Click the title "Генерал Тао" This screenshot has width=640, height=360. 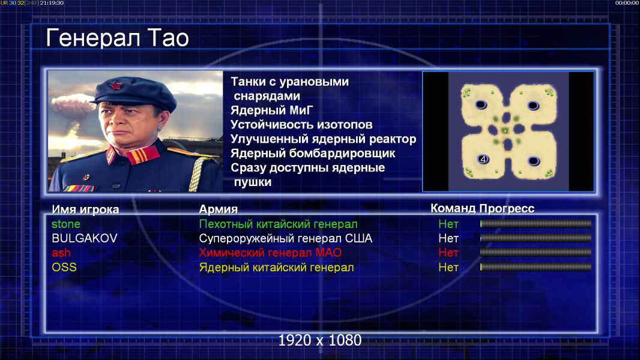point(117,38)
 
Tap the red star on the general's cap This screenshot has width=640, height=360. point(116,86)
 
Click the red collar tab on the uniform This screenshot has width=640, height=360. point(142,156)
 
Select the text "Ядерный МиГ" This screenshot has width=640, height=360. point(272,110)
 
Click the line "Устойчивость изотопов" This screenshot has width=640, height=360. point(301,125)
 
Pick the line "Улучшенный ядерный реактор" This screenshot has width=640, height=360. point(323,139)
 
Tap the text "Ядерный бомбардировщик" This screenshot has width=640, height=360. point(313,154)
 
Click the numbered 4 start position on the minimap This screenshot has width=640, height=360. point(483,160)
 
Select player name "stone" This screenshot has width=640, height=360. point(65,224)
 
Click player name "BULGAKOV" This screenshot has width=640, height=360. point(85,239)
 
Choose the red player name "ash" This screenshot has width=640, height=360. point(61,253)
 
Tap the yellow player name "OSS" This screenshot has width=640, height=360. point(64,268)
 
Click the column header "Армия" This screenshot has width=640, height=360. point(219,209)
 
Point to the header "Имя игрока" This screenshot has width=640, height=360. point(85,209)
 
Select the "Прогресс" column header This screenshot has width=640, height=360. point(507,209)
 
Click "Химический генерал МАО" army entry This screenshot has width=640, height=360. point(270,253)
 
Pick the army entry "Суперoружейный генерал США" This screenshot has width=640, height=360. point(286,239)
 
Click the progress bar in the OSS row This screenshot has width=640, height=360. point(536,267)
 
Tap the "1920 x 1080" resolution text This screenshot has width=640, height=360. point(319,340)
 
